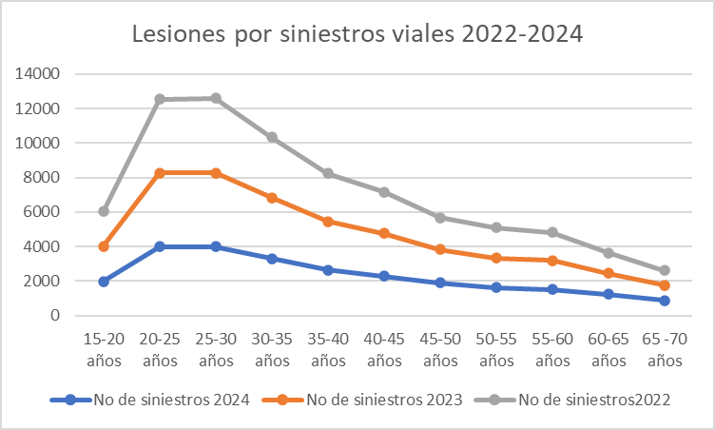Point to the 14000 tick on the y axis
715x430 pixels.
pos(40,74)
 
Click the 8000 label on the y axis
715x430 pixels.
pos(44,178)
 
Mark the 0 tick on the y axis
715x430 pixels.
pos(56,316)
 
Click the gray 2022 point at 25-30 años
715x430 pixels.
pos(216,98)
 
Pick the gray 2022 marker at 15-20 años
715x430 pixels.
pos(104,211)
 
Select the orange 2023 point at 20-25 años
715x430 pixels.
pos(160,173)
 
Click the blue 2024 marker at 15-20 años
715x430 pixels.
pos(104,282)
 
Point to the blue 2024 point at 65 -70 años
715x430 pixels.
pos(665,301)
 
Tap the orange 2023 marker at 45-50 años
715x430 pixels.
pos(440,249)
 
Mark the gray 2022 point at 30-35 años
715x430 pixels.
pos(272,137)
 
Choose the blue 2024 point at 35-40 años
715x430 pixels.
pos(328,270)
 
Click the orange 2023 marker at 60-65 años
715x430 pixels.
pos(609,274)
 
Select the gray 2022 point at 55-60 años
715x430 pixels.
pos(552,232)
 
